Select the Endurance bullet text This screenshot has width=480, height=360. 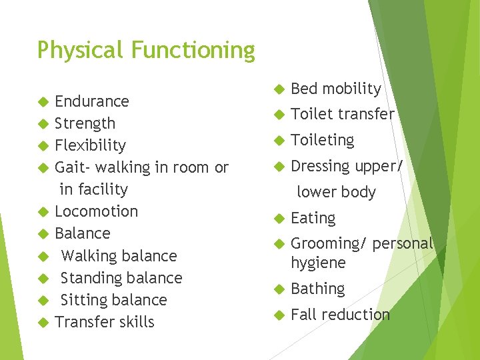(x=92, y=101)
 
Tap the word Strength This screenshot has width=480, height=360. (x=85, y=124)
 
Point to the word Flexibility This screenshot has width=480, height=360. (x=90, y=146)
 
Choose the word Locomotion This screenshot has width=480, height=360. (x=96, y=211)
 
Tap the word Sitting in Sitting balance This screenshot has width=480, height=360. (x=87, y=300)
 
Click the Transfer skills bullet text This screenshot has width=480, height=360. (x=105, y=322)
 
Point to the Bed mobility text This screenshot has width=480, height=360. (x=336, y=89)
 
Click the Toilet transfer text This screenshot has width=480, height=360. (x=343, y=115)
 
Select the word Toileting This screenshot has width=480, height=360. (x=323, y=140)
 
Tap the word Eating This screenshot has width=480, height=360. (x=313, y=218)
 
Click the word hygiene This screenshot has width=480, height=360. (x=318, y=263)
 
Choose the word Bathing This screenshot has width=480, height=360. (x=318, y=289)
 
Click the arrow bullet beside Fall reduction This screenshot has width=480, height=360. (x=277, y=315)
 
